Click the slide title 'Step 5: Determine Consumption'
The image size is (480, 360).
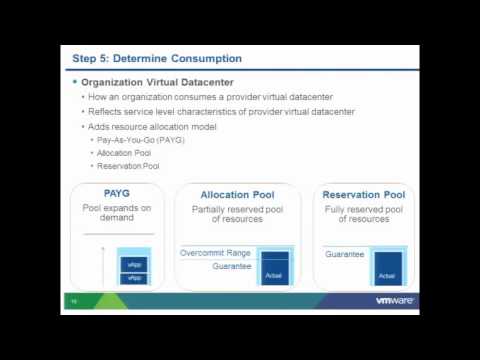[x=157, y=58]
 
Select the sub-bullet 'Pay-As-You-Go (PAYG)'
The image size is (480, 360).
[x=141, y=140]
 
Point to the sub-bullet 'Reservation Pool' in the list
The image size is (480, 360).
[x=129, y=166]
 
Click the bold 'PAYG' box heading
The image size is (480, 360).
[x=117, y=193]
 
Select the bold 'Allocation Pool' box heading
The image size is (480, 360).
[x=237, y=195]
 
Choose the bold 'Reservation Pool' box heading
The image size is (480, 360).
[x=364, y=195]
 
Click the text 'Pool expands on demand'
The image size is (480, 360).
[x=117, y=212]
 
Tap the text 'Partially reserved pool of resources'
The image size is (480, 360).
[x=237, y=214]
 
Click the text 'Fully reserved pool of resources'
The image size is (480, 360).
[x=363, y=214]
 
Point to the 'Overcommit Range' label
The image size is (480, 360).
[x=215, y=253]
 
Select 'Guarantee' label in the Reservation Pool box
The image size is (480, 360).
[x=345, y=254]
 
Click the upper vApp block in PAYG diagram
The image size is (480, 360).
[x=134, y=264]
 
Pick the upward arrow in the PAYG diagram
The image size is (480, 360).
[x=103, y=265]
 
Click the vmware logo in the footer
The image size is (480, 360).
[x=395, y=299]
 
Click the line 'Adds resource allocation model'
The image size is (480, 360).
[x=152, y=126]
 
